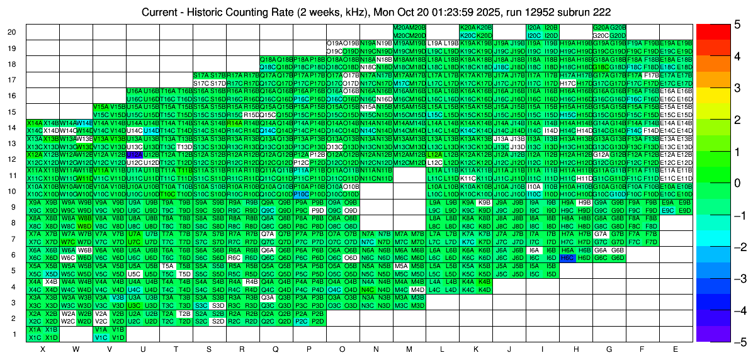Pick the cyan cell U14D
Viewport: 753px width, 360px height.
pos(151,130)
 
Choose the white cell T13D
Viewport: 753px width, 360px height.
pos(184,147)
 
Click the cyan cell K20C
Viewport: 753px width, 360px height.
pos(468,35)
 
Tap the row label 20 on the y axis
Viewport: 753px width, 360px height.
pos(12,31)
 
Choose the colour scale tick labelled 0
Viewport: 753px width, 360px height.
pos(737,183)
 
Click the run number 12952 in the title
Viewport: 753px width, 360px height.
pos(538,12)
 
